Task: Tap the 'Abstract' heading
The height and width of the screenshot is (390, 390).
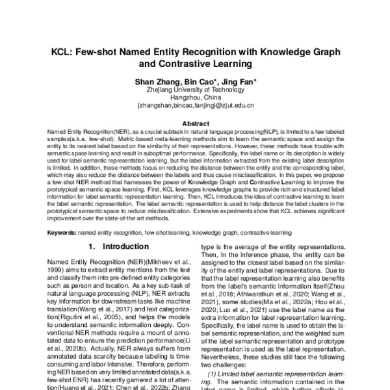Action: (x=195, y=123)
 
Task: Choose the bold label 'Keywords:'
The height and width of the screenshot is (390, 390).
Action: (x=64, y=232)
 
